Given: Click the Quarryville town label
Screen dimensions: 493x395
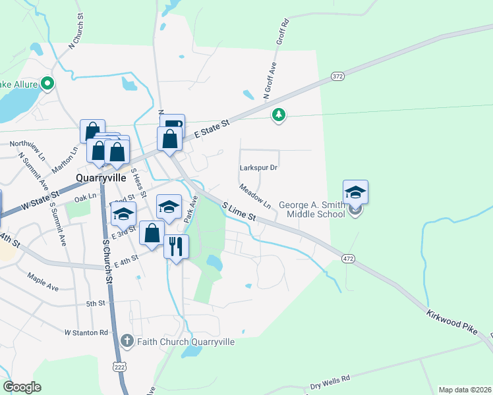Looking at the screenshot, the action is pyautogui.click(x=101, y=177).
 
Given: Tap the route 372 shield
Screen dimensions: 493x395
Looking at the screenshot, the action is pyautogui.click(x=338, y=77).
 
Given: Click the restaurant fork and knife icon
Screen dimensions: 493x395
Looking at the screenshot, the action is pyautogui.click(x=176, y=246).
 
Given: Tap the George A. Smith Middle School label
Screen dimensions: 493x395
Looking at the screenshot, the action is pyautogui.click(x=312, y=209).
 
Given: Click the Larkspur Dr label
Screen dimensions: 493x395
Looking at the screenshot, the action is pyautogui.click(x=258, y=167).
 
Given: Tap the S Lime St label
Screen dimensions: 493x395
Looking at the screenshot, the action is pyautogui.click(x=238, y=212).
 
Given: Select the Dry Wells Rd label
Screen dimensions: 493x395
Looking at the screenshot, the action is pyautogui.click(x=330, y=383).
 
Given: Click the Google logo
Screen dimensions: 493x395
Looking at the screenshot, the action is pyautogui.click(x=22, y=387).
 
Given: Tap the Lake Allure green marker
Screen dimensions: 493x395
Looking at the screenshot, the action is pyautogui.click(x=47, y=84).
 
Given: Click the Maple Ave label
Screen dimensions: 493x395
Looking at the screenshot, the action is pyautogui.click(x=43, y=282).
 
